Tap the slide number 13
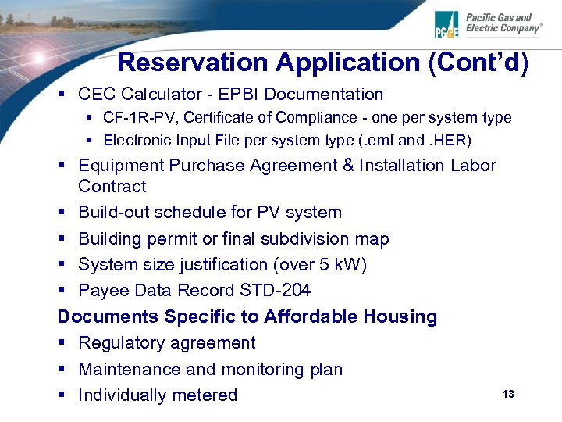click(x=508, y=394)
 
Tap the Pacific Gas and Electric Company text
click(x=503, y=23)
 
